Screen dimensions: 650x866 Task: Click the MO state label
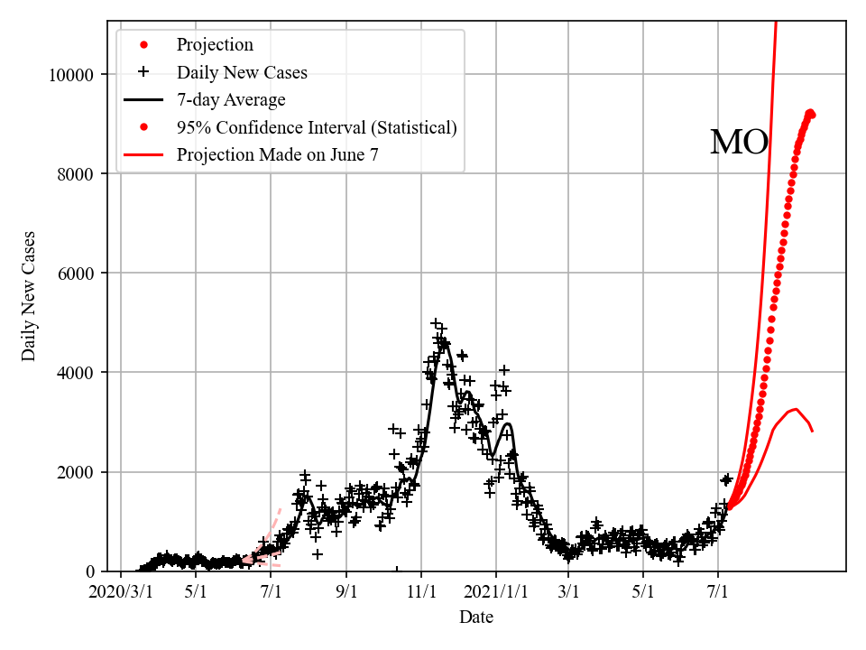tap(739, 143)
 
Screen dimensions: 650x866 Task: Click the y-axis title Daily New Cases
tap(29, 296)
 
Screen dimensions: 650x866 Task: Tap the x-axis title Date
tap(475, 617)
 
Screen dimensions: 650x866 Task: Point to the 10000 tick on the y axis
tap(75, 74)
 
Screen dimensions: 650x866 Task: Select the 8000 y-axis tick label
tap(78, 173)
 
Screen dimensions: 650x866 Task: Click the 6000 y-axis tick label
tap(78, 273)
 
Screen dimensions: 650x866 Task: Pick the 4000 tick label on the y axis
tap(78, 372)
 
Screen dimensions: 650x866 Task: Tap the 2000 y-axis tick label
tap(78, 472)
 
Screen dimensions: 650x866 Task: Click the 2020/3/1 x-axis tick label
tap(121, 593)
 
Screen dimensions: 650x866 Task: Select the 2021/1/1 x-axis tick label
tap(495, 593)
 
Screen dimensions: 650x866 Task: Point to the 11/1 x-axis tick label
tap(421, 593)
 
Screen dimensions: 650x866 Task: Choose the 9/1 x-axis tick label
tap(346, 593)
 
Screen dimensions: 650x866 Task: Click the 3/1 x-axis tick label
tap(569, 593)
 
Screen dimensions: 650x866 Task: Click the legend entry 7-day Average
tap(231, 99)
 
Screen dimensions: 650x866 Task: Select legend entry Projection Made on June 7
tap(278, 154)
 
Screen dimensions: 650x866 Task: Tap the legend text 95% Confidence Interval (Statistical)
tap(317, 127)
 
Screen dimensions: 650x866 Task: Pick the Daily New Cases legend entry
tap(242, 72)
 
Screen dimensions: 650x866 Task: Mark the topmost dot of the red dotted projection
tap(810, 112)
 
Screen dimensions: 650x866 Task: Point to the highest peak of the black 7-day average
tap(443, 342)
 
